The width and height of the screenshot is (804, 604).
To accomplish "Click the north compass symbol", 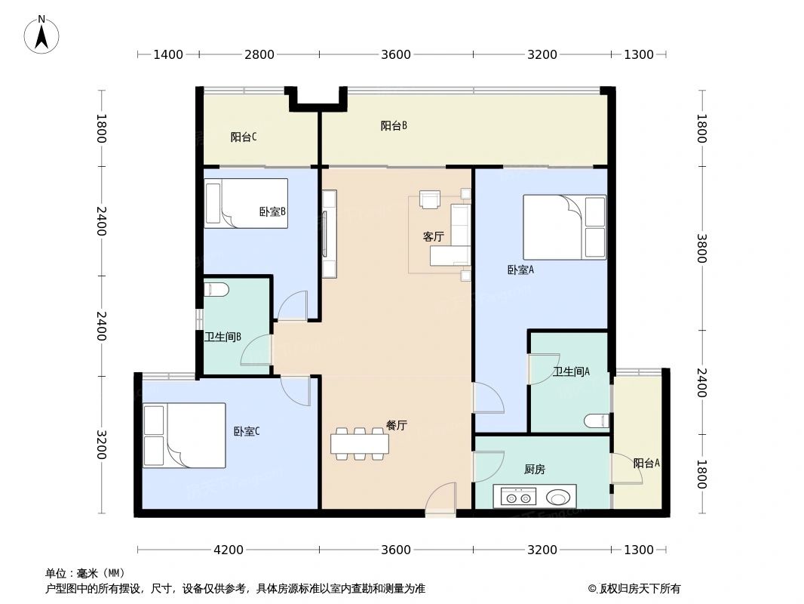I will click(41, 35).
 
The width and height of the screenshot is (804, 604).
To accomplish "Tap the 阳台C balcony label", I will click(244, 137).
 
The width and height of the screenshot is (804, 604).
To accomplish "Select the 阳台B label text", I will click(394, 126).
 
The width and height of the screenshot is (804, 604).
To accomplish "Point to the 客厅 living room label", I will click(433, 237).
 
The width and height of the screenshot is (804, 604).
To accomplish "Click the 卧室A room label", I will click(520, 270).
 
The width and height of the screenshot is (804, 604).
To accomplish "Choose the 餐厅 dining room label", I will click(397, 426).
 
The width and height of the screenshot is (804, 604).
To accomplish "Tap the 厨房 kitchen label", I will click(534, 470).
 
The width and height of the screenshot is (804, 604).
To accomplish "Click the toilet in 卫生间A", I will click(596, 420).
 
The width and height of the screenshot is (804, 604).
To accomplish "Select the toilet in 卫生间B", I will click(216, 289).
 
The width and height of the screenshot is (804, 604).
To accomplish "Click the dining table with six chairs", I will click(360, 444).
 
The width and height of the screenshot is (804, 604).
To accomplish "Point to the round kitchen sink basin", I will click(559, 498).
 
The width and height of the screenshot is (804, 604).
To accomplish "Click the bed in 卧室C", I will click(185, 436).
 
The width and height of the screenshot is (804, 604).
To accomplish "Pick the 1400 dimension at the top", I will click(168, 54).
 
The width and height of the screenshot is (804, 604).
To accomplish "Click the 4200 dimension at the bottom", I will click(229, 550).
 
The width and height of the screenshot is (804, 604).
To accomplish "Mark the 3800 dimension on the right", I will click(701, 248).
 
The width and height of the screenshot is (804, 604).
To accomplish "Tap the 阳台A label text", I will click(646, 464).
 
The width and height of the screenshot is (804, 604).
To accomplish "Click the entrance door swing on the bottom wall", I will click(440, 501).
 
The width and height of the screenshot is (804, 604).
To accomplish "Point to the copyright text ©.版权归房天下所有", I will click(634, 589).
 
